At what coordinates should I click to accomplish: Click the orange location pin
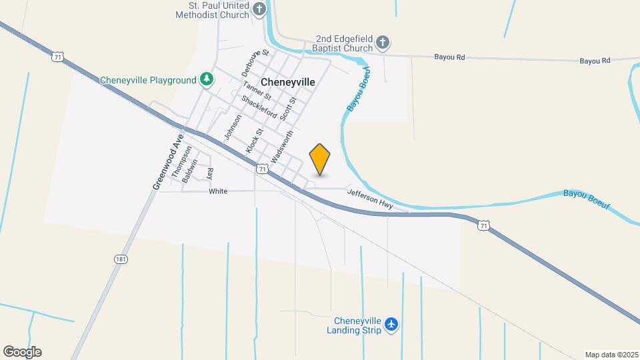(320, 159)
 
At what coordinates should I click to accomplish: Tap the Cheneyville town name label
(288, 82)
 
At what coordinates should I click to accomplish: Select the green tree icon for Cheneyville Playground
(207, 80)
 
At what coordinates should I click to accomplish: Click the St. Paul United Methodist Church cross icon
(260, 9)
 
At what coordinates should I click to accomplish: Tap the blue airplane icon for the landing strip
(391, 325)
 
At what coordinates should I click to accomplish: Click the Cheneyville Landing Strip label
(353, 325)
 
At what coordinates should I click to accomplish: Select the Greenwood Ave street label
(167, 163)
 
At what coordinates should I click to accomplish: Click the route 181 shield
(121, 259)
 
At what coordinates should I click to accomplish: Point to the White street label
(218, 191)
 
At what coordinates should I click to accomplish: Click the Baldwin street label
(191, 171)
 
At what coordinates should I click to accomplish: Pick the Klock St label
(255, 141)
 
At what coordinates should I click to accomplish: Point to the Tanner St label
(257, 92)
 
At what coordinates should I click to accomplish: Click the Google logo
(22, 352)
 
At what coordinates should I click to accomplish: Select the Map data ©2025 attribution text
(611, 355)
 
